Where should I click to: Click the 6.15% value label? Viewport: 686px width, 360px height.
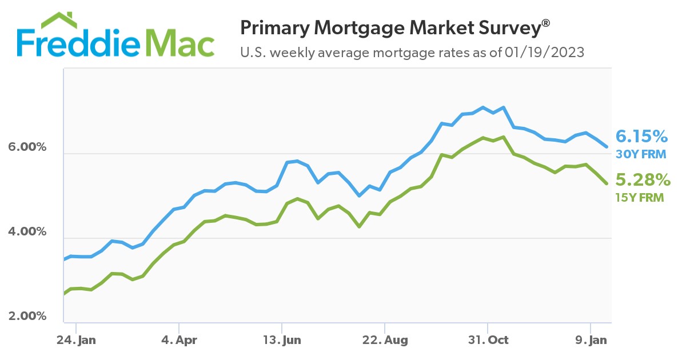[x=641, y=137]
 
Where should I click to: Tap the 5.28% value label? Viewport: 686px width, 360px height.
[x=641, y=181]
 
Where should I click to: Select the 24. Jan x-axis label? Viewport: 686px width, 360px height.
[x=77, y=340]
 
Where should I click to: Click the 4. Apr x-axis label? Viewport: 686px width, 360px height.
[x=179, y=340]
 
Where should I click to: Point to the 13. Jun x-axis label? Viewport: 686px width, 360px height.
[x=282, y=340]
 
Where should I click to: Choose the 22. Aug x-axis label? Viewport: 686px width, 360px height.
[x=385, y=340]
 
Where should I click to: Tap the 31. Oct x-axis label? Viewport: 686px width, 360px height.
[x=487, y=340]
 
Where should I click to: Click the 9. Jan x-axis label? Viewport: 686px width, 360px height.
[x=591, y=340]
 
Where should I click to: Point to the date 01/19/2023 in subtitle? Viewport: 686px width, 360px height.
[x=544, y=53]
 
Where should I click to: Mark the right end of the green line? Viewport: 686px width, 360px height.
[x=607, y=183]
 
